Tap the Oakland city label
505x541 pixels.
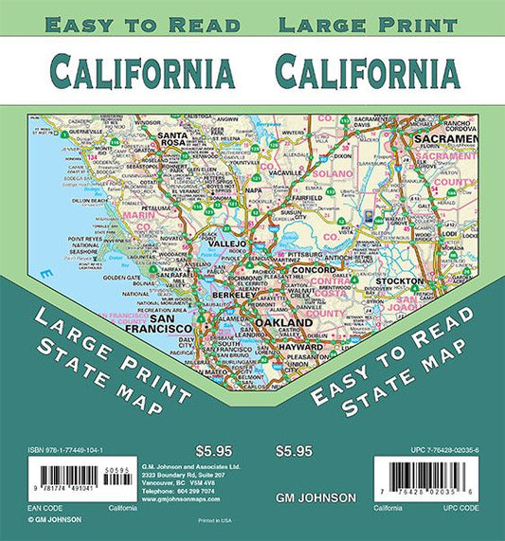[x=281, y=324]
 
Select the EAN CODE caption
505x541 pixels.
[x=23, y=508]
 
